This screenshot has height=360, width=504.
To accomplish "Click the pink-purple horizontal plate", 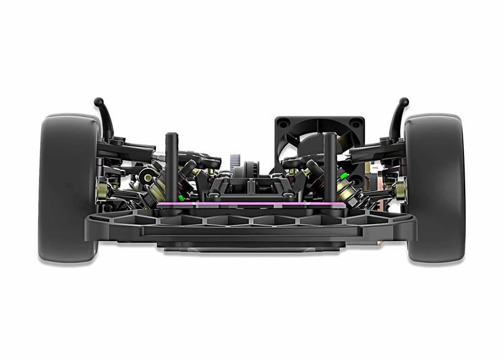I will [x=250, y=204].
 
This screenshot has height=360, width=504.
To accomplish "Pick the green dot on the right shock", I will [x=343, y=176].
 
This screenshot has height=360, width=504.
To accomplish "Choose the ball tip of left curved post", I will [x=98, y=101].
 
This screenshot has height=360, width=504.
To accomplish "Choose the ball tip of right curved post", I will [x=404, y=101].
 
